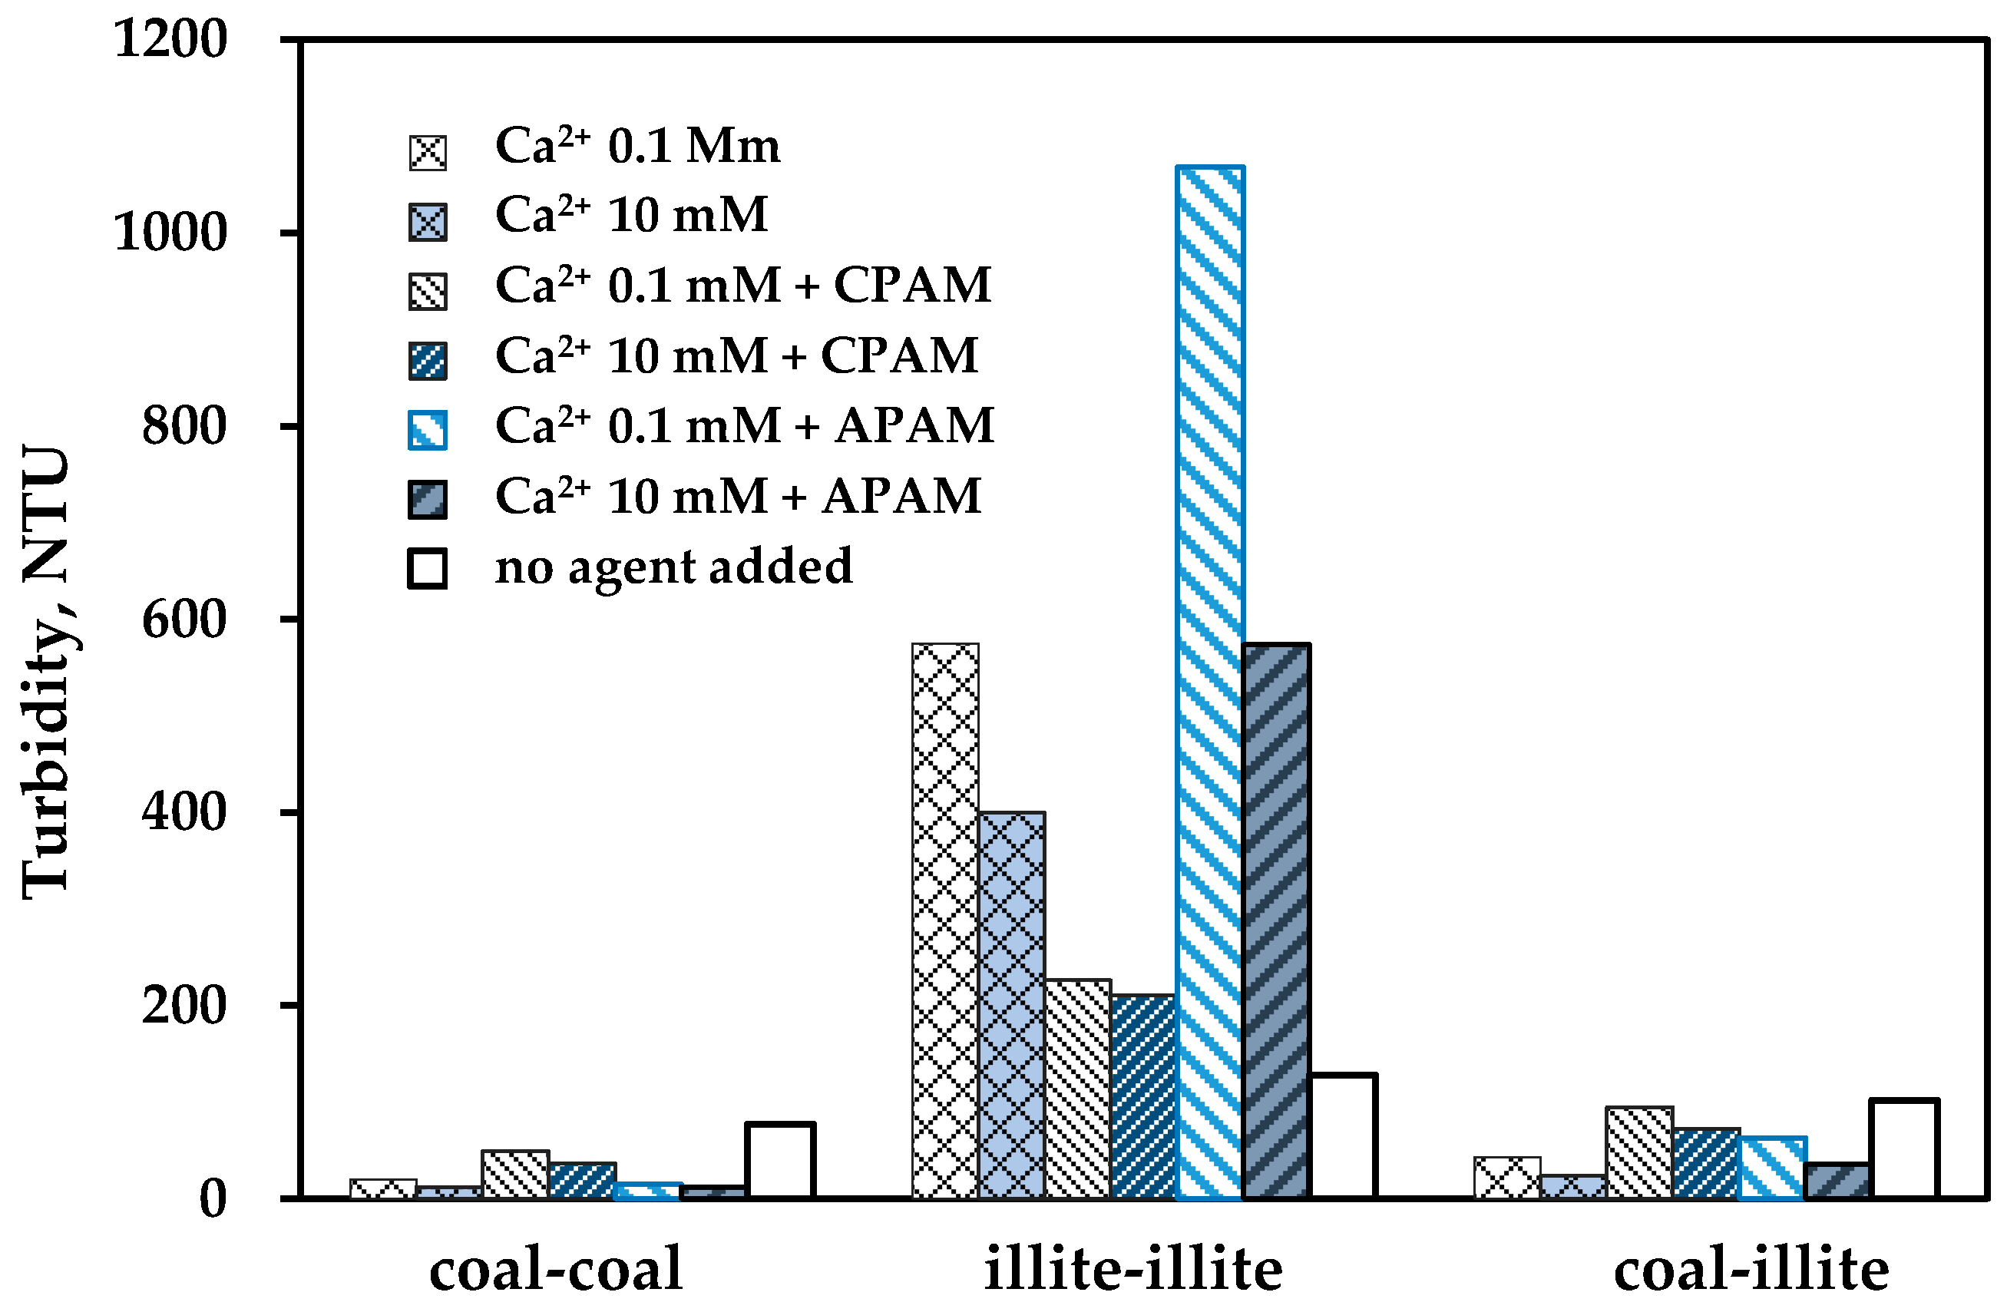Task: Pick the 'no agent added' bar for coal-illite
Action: coord(1904,1148)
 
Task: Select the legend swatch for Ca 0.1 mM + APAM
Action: coord(428,429)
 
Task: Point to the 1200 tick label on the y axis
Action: coord(170,39)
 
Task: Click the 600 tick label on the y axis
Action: coord(184,620)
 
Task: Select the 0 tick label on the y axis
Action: coord(213,1199)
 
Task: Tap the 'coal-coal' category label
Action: coord(556,1270)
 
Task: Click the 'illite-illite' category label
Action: coord(1132,1270)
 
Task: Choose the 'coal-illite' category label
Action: coord(1751,1270)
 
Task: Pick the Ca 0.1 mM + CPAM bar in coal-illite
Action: coord(1639,1152)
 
